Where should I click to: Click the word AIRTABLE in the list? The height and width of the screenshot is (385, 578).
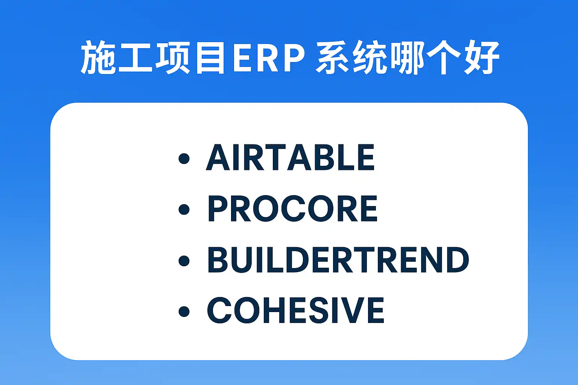pos(290,157)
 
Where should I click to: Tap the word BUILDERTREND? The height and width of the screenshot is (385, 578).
pos(338,259)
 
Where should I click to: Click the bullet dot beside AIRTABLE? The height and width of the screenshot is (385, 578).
pos(184,158)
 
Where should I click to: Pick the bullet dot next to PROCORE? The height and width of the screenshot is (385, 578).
pos(184,209)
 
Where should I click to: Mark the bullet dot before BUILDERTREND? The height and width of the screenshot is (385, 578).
pos(184,261)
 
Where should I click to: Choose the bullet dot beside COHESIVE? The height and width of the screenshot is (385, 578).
pos(184,311)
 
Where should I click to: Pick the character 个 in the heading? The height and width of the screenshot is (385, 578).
pos(443,57)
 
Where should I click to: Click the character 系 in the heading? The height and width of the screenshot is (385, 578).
pos(333,57)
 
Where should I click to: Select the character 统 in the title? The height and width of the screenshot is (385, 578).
pos(370,57)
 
